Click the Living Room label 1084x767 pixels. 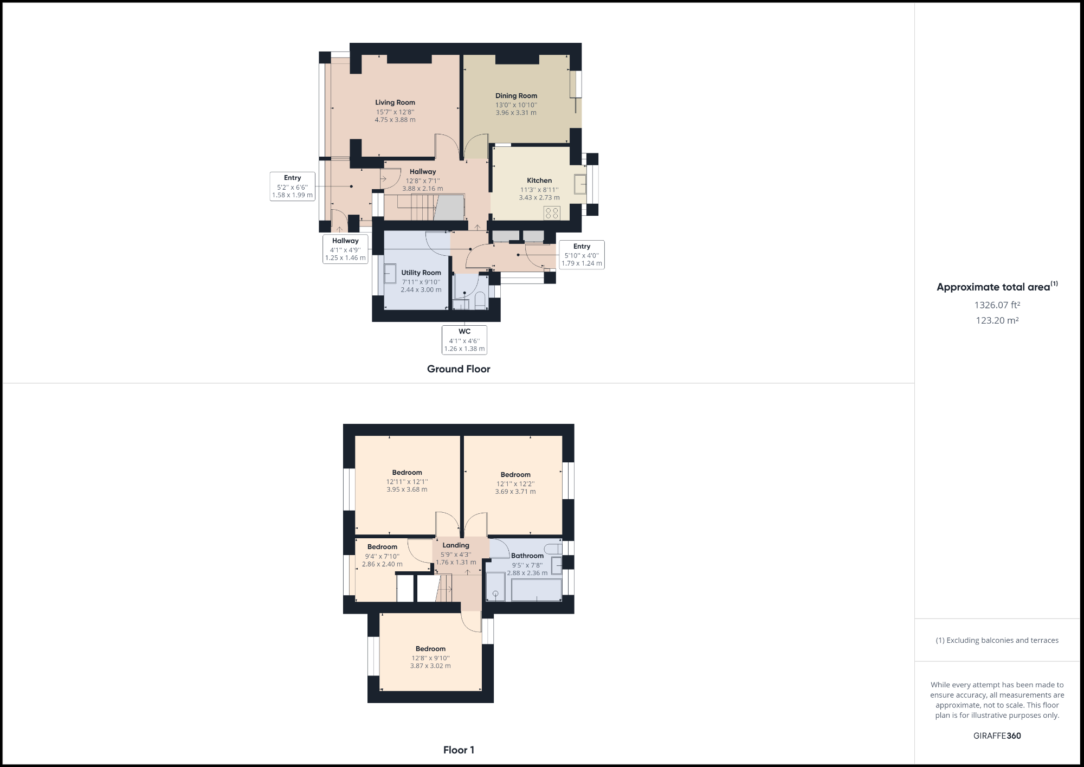pyautogui.click(x=395, y=102)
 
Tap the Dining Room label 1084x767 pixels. pyautogui.click(x=516, y=96)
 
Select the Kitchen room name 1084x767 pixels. pyautogui.click(x=539, y=181)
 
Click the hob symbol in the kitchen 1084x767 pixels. pyautogui.click(x=552, y=213)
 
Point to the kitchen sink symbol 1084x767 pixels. pyautogui.click(x=580, y=184)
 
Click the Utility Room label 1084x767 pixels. pyautogui.click(x=421, y=273)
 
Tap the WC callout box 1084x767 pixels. pyautogui.click(x=464, y=340)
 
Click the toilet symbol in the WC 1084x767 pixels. pyautogui.click(x=480, y=301)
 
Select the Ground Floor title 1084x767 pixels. pyautogui.click(x=459, y=369)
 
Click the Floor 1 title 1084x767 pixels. pyautogui.click(x=459, y=750)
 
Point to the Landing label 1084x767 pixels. pyautogui.click(x=456, y=545)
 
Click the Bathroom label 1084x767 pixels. pyautogui.click(x=527, y=556)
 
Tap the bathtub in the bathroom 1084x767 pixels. pyautogui.click(x=536, y=590)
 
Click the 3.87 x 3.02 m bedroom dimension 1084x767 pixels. pyautogui.click(x=430, y=666)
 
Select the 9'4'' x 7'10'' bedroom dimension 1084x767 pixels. pyautogui.click(x=382, y=556)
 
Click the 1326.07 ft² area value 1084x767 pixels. pyautogui.click(x=997, y=305)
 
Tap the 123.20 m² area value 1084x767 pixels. pyautogui.click(x=997, y=320)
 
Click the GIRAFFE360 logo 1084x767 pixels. pyautogui.click(x=997, y=736)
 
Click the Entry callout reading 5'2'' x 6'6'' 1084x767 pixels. pyautogui.click(x=293, y=186)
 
